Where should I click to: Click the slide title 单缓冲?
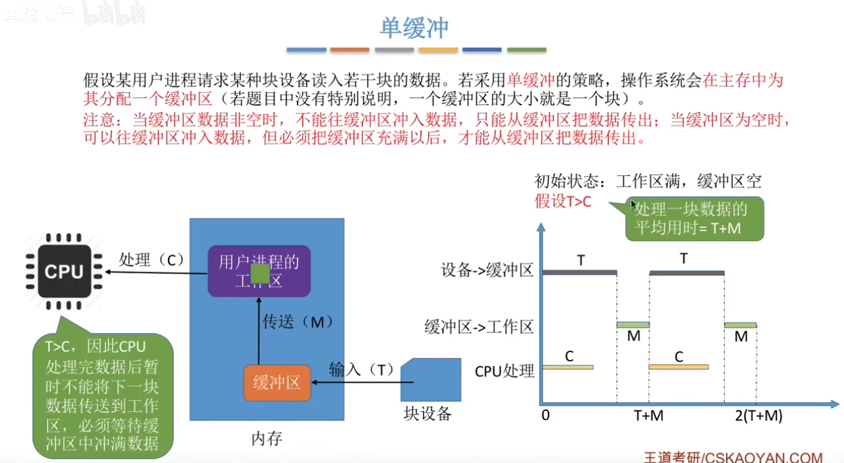(x=414, y=28)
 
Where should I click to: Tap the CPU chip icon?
(x=64, y=272)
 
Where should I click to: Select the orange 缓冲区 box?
(x=277, y=383)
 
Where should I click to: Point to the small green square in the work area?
(x=260, y=274)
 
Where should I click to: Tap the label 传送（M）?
(x=298, y=322)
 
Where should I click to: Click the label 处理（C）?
(x=152, y=259)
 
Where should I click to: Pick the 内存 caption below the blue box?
(x=266, y=439)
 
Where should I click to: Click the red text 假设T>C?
(x=563, y=201)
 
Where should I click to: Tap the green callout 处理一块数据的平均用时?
(x=695, y=218)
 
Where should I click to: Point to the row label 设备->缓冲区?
(x=486, y=271)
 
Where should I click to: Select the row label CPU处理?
(x=504, y=371)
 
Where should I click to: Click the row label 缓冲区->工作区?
(x=478, y=328)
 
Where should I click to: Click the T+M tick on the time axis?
(x=649, y=416)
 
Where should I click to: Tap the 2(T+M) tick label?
(x=759, y=416)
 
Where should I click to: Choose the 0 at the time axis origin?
(x=545, y=416)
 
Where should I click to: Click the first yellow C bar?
(x=568, y=367)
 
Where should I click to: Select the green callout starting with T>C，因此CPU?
(x=103, y=395)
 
